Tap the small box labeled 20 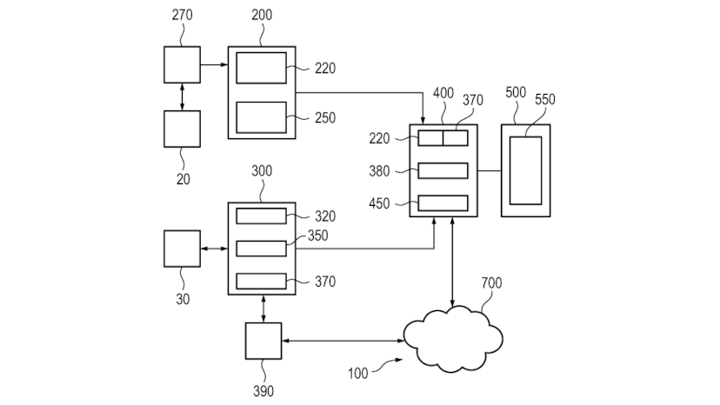[x=182, y=129]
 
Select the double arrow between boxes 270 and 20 [x=182, y=96]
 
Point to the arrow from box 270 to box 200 [x=214, y=64]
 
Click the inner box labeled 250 [x=261, y=117]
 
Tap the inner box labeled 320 [x=261, y=216]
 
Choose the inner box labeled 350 [x=261, y=249]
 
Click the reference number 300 [x=261, y=171]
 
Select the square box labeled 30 [x=182, y=249]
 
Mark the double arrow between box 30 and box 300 [x=214, y=249]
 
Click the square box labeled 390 [x=263, y=341]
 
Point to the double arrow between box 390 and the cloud [x=343, y=341]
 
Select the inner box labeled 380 [x=443, y=170]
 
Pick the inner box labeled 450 [x=443, y=203]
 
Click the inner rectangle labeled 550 [x=525, y=170]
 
